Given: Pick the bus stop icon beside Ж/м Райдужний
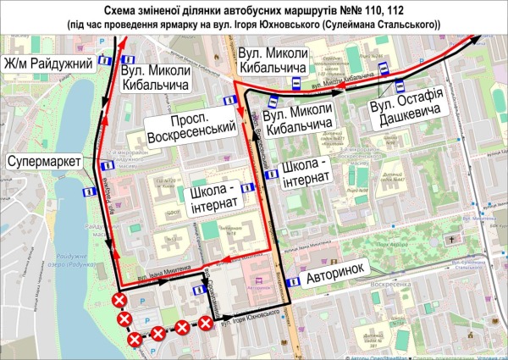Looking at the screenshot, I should click(x=102, y=61).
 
